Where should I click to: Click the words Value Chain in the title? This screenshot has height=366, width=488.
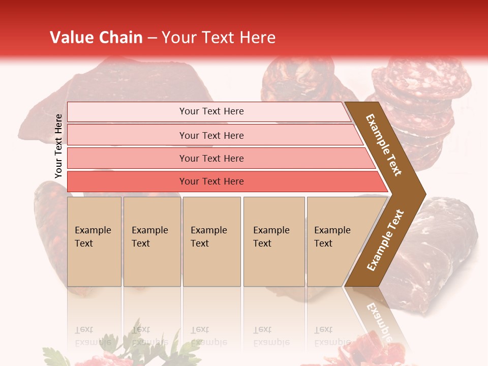coord(96,38)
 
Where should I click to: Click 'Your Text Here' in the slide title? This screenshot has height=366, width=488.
coord(219,38)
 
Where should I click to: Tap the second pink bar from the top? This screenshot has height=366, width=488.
coord(211,135)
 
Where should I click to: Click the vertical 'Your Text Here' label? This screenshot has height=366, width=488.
coord(58,146)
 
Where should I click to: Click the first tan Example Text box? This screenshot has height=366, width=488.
coord(94,241)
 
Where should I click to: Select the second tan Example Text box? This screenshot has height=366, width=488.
coord(151,241)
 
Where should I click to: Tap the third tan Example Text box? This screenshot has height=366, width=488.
coord(211,241)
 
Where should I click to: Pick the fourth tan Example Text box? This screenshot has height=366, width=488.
coord(273,241)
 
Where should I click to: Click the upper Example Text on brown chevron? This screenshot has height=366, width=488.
coord(384,145)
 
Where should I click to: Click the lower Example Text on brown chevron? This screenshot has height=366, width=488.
coord(385,240)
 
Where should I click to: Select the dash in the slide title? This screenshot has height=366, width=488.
coord(152,38)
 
